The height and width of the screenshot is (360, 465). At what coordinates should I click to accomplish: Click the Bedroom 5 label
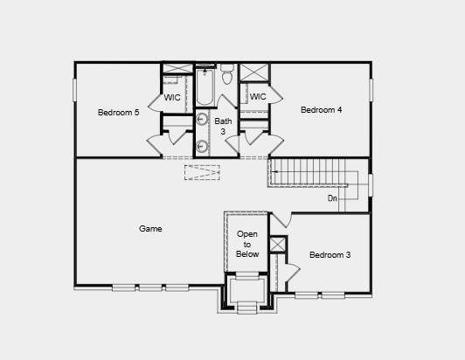point(118,112)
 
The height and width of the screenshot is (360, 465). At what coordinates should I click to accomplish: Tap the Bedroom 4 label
point(321,109)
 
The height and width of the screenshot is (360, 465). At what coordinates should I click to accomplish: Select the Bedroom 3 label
point(330,255)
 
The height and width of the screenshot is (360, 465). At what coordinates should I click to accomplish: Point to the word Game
point(150,229)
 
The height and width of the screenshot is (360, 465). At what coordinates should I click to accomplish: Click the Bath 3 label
point(224,126)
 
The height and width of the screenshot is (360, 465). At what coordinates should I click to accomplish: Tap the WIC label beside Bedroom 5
point(172,97)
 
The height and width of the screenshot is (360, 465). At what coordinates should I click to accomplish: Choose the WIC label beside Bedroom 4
point(257,96)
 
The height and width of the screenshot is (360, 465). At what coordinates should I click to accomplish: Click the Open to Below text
point(247,244)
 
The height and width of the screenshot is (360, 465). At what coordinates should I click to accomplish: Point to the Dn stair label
point(332,198)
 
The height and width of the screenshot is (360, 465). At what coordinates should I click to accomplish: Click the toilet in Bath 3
point(227,76)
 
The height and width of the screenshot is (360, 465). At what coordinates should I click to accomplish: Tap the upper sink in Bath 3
point(202,121)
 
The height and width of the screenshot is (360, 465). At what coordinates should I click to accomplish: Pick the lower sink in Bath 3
point(202,146)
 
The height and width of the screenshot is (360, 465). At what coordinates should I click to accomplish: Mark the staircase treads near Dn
point(310,172)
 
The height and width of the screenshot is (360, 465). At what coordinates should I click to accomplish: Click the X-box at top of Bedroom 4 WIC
point(254,73)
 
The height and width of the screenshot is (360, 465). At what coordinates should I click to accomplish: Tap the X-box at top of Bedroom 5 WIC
point(177,68)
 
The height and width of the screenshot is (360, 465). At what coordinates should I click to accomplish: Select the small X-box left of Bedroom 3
point(277,245)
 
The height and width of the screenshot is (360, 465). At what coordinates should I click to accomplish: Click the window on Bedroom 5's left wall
point(74,89)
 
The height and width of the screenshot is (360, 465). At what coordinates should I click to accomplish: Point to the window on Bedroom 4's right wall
point(371,89)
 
